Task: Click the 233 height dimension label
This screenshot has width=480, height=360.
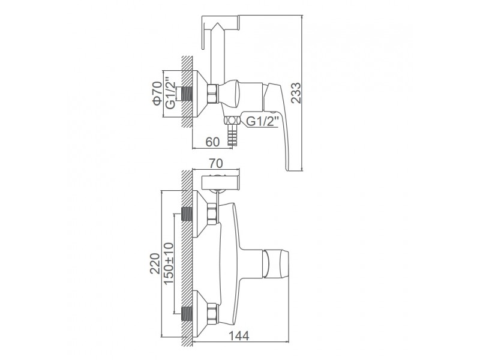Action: [x=296, y=93]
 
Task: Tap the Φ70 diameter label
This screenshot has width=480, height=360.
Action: [x=157, y=94]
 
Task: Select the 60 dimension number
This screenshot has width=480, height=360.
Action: [x=212, y=142]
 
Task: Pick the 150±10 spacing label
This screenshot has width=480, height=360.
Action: [x=169, y=263]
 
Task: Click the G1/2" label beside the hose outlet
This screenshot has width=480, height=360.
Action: [x=262, y=121]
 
